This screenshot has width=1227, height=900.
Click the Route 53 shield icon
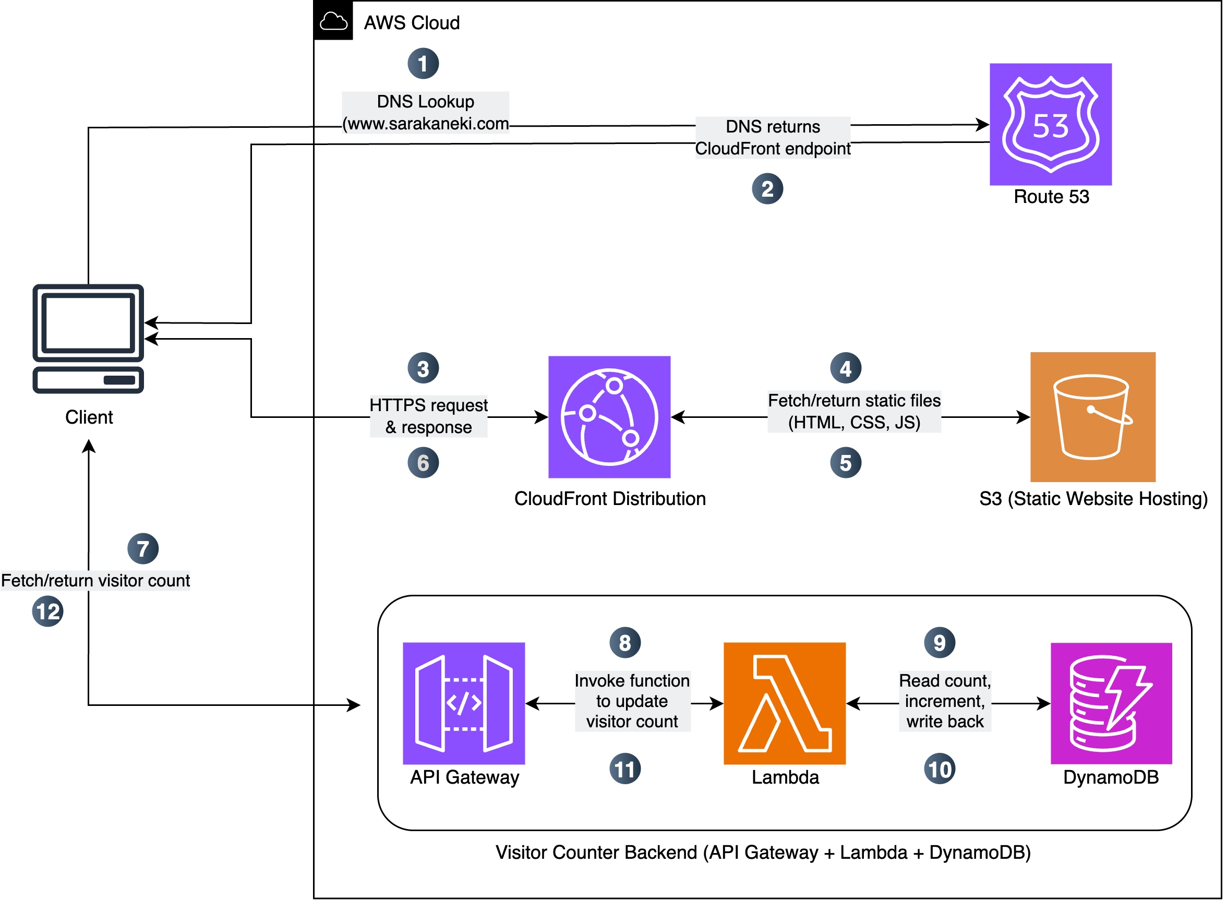click(1050, 124)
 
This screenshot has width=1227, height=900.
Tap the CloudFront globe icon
click(609, 417)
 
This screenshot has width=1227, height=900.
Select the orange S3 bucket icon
click(1092, 417)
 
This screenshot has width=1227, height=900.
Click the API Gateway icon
click(463, 703)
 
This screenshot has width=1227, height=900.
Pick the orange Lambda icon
click(784, 703)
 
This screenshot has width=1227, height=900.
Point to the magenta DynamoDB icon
click(1111, 703)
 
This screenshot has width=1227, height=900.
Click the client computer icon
click(88, 338)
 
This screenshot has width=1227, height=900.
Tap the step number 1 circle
click(423, 63)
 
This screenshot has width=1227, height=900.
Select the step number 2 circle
click(767, 188)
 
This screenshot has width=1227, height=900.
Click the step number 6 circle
click(423, 463)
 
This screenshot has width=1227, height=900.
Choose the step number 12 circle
click(47, 611)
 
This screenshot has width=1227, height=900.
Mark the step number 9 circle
click(939, 642)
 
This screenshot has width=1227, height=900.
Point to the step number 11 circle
click(624, 769)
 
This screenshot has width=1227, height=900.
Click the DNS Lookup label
click(425, 112)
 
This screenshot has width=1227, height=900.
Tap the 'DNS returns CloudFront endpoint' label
click(772, 137)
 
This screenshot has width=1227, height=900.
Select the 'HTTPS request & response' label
click(428, 416)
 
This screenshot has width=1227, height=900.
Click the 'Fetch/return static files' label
click(853, 411)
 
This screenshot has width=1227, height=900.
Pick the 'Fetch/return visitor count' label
click(95, 580)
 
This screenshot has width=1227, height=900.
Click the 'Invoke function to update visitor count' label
click(632, 701)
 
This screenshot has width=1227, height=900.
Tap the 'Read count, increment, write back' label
click(944, 701)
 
